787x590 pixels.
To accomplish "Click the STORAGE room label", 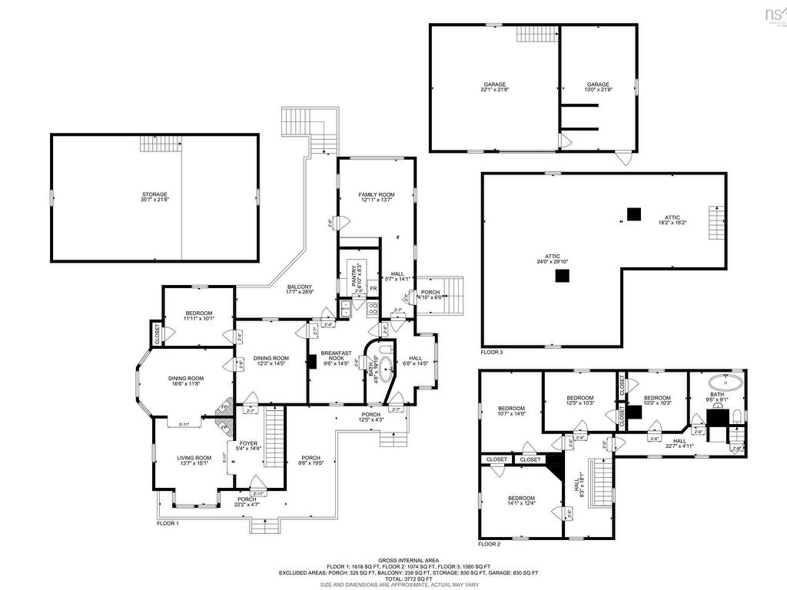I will (x=154, y=197).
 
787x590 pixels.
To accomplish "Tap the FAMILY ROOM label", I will (x=376, y=197).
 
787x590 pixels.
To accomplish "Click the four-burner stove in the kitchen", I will (x=373, y=309).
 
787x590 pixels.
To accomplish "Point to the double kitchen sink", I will (x=346, y=309).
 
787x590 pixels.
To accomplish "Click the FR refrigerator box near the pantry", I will (x=373, y=289).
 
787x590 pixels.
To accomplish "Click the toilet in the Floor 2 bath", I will (x=736, y=417).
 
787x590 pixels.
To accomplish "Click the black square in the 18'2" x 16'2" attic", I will (x=633, y=214).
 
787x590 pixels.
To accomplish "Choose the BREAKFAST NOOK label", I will (x=336, y=356).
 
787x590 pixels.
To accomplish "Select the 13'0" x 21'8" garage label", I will (x=598, y=87).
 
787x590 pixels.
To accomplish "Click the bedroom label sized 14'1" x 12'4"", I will (x=521, y=501).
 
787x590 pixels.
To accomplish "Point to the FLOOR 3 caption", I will (x=492, y=352).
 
